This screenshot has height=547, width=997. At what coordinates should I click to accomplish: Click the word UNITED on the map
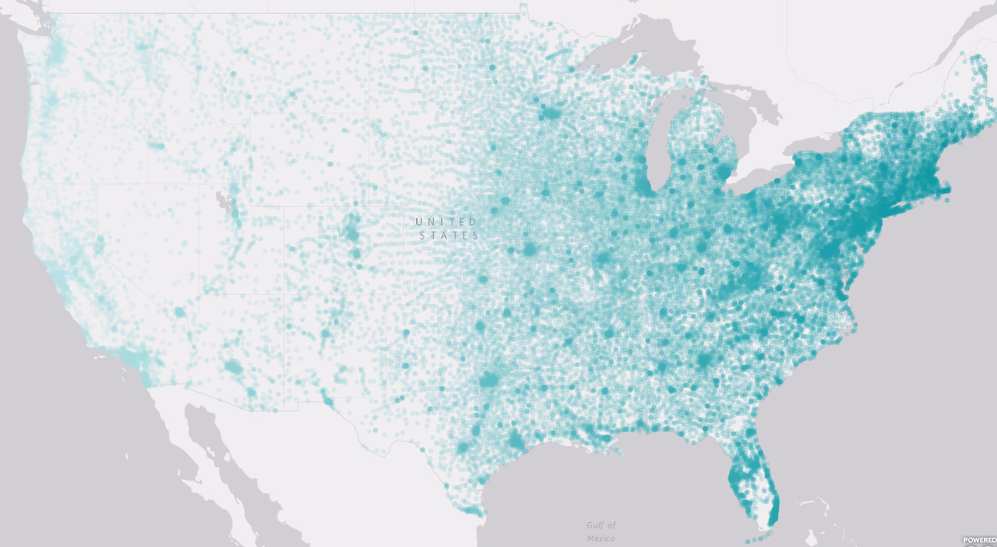tap(447, 222)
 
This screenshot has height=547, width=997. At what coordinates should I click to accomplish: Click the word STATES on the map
tap(450, 237)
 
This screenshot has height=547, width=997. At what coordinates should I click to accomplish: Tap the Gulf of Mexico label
tap(601, 530)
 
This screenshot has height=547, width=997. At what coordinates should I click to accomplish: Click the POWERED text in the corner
tap(979, 540)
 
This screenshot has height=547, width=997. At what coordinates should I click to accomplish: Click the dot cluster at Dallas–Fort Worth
tap(489, 379)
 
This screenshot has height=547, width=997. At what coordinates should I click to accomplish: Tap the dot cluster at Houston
tap(516, 442)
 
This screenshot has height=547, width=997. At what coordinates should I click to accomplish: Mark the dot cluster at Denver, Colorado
tap(351, 228)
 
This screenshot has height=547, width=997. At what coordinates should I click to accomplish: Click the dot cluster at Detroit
tap(722, 171)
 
